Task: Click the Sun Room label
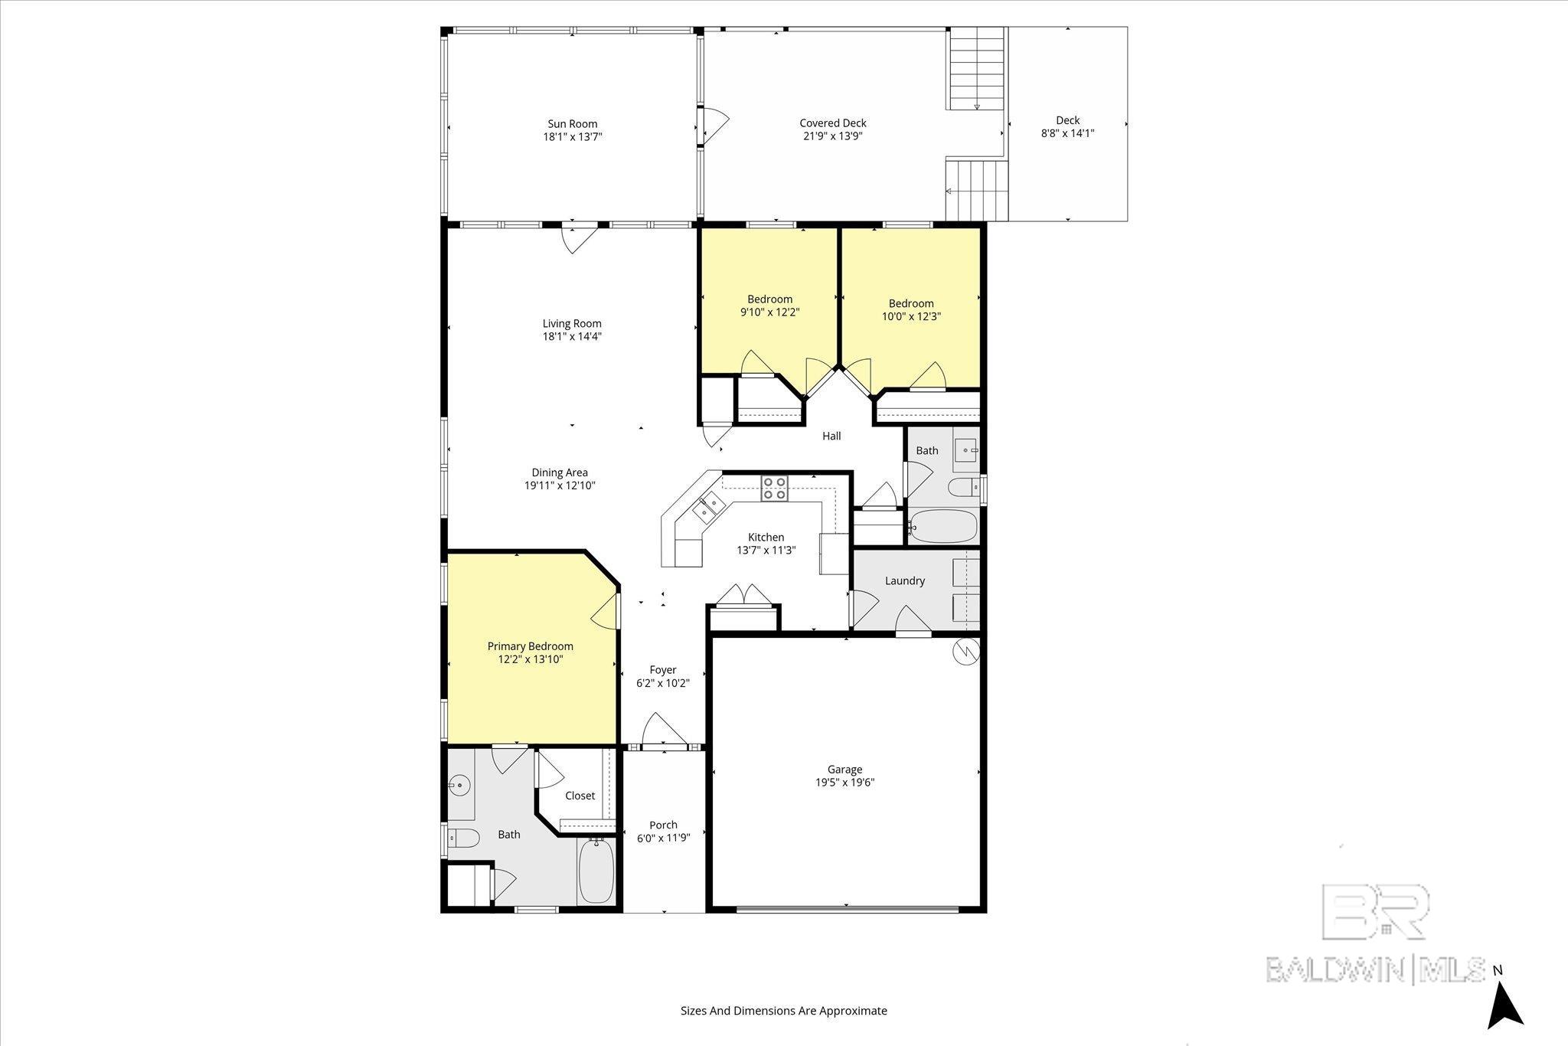pos(572,124)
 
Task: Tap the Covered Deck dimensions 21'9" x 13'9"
pos(832,136)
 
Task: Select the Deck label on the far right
pos(1067,120)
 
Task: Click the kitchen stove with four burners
pos(774,488)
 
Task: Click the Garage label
pos(844,770)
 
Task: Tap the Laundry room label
pos(904,581)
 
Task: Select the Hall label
pos(831,436)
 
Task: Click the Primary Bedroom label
pos(530,646)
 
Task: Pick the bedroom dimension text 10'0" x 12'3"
pos(911,316)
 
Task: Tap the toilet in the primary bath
pos(464,838)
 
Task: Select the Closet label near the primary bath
pos(580,796)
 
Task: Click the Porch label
pos(663,825)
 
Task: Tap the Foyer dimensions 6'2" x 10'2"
pos(663,683)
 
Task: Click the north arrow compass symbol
pos(1504,1005)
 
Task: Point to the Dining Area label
pos(560,472)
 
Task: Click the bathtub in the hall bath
pos(943,527)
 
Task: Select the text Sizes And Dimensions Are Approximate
pos(783,1011)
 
